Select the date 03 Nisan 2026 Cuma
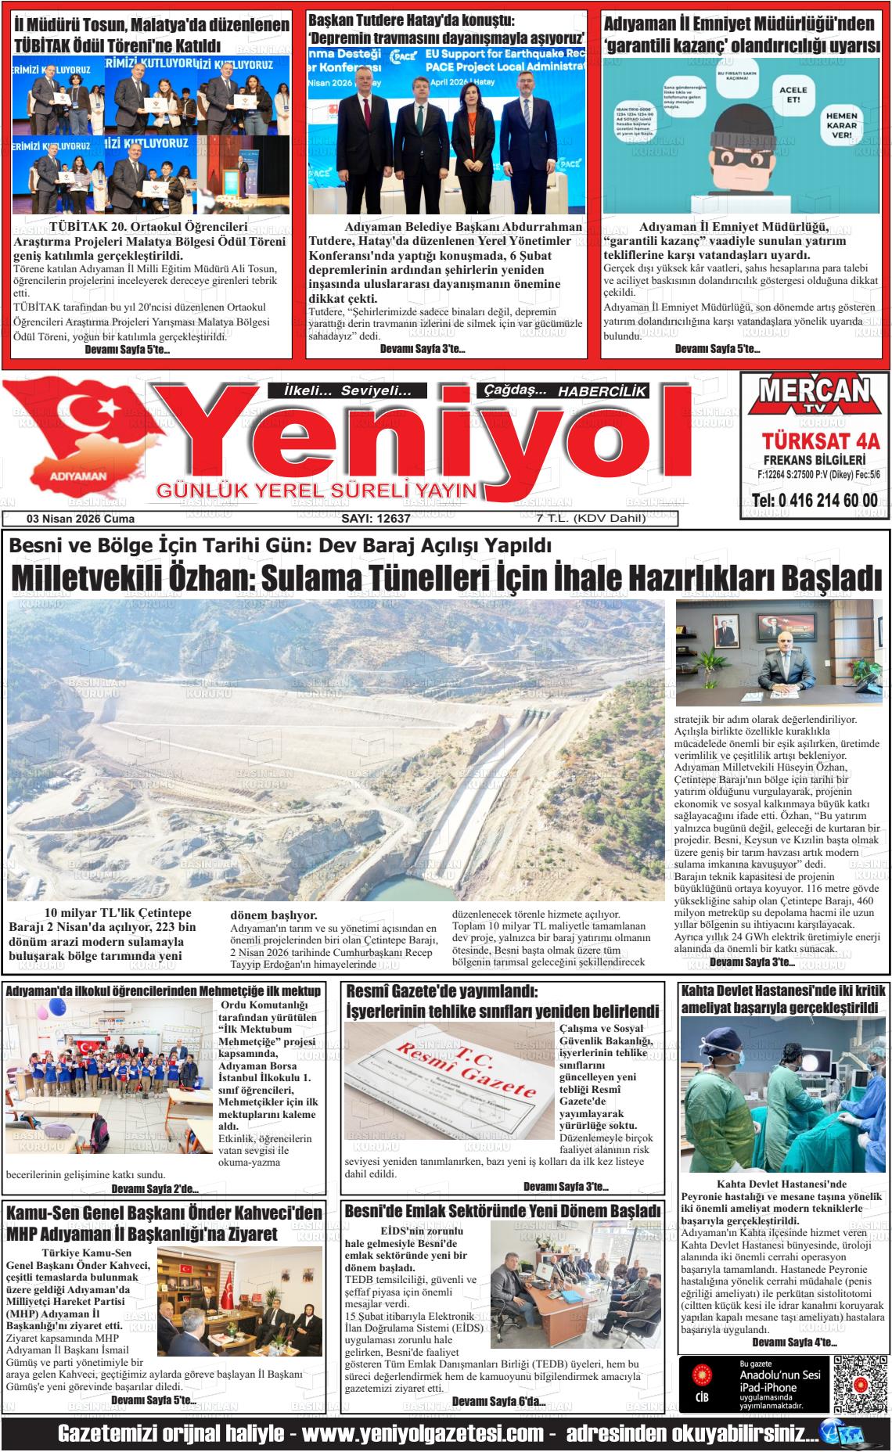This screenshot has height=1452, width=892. [x=81, y=519]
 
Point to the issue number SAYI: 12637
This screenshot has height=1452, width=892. [x=376, y=519]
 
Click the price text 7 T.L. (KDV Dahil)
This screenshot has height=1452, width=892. [x=580, y=519]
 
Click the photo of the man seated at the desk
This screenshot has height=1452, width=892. [x=779, y=654]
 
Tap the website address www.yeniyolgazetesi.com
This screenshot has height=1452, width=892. [x=423, y=1434]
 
